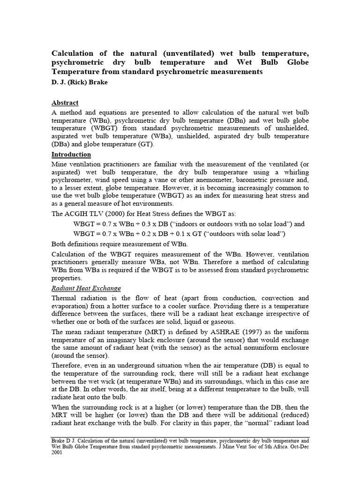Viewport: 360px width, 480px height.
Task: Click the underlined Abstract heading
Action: point(65,103)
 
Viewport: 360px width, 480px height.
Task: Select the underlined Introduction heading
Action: point(71,154)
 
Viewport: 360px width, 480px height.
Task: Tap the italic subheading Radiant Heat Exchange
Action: point(86,288)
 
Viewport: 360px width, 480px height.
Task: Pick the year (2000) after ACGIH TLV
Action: point(115,213)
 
